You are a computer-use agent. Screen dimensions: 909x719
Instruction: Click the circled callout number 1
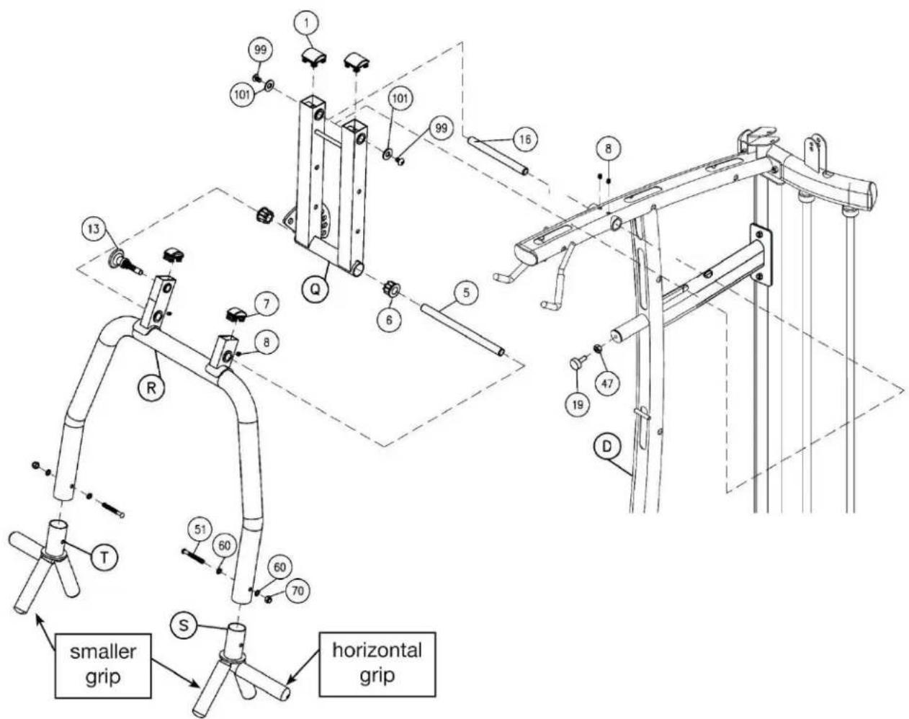coord(307,24)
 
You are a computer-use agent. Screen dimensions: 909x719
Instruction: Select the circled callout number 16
coord(524,139)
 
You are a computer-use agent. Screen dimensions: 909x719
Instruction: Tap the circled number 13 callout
coord(94,229)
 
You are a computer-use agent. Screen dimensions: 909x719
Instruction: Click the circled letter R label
coord(151,388)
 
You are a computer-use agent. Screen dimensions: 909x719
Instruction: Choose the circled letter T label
coord(104,557)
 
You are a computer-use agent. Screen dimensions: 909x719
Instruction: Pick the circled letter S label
coord(184,625)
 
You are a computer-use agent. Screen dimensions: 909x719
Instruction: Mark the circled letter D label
coord(606,447)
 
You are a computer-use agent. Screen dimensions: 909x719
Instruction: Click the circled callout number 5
coord(466,292)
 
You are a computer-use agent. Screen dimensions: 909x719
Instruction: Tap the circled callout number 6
coord(389,320)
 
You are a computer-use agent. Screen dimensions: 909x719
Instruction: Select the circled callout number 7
coord(266,304)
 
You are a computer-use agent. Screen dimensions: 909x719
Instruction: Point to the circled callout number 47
coord(607,383)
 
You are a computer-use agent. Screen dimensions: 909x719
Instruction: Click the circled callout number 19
coord(578,405)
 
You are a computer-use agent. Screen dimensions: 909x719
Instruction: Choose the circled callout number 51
coord(200,530)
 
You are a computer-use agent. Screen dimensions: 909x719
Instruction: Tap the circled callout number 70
coord(297,591)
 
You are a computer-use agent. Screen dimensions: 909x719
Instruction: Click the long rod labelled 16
coord(497,155)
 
